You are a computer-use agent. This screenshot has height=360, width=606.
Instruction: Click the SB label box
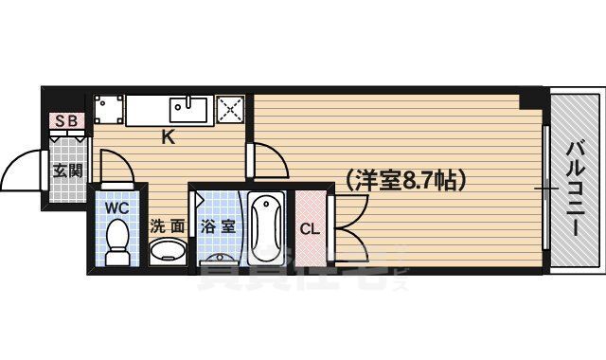coord(67,120)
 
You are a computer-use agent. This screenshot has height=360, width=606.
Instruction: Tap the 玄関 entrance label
coord(67,171)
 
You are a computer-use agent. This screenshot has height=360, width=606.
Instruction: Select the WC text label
coord(116,206)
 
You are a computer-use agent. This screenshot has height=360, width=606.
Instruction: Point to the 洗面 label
coord(168,226)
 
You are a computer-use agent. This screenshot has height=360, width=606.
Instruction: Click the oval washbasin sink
coord(169,252)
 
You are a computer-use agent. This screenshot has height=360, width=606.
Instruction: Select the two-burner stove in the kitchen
coord(108,110)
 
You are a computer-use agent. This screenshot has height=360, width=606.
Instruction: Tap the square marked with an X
coord(230,110)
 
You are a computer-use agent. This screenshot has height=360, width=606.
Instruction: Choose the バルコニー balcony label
coord(575,179)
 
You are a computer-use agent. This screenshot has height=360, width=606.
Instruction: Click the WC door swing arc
coord(117,173)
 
